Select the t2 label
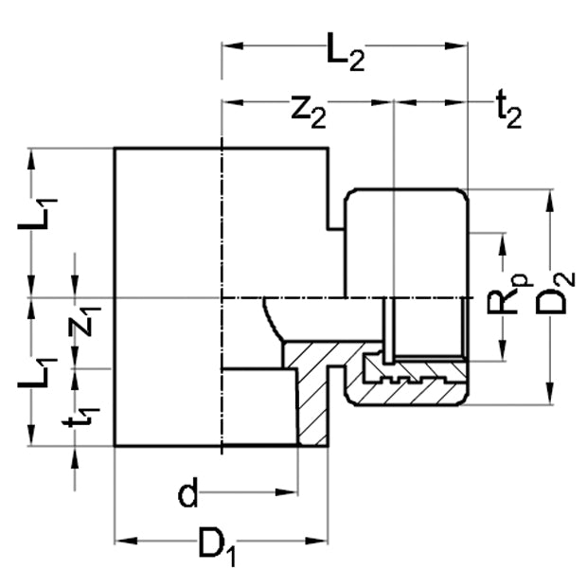tap(508, 110)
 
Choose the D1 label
tap(217, 546)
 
